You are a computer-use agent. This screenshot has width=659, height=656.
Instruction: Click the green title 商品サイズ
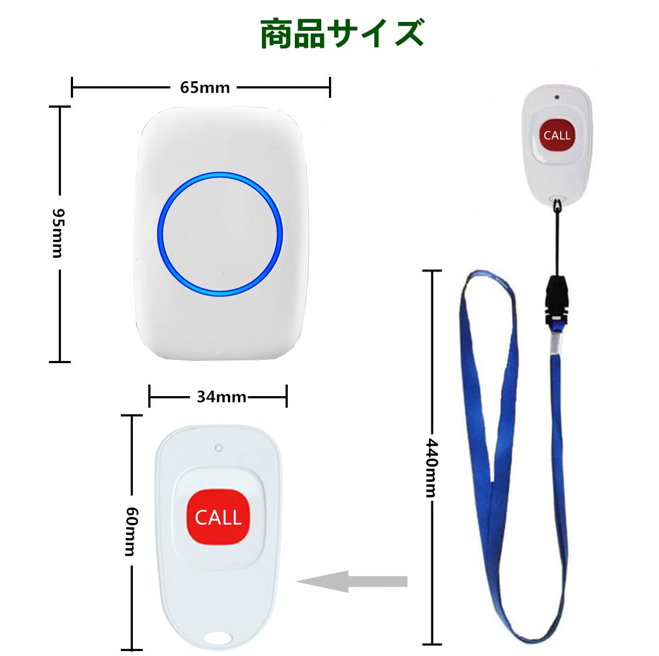coord(342,34)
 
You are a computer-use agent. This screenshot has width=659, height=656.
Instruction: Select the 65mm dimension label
coord(205,87)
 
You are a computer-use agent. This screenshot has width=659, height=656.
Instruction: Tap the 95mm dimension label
coord(57,233)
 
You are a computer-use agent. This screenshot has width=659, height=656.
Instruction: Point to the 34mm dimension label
coord(221,397)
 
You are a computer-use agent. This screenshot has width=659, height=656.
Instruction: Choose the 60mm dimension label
coord(131,531)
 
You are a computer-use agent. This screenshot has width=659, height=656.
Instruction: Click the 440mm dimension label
coord(433,468)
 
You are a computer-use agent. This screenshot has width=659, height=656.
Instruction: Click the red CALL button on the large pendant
coord(219,517)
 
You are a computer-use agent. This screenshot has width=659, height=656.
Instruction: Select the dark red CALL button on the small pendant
coord(556,135)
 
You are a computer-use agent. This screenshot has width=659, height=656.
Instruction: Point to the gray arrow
coord(352,581)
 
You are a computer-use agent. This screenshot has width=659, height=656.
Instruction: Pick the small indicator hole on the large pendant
coord(219,448)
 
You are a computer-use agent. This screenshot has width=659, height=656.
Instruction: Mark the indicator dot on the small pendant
coord(557,97)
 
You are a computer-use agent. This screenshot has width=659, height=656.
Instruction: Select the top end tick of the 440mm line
coord(432,271)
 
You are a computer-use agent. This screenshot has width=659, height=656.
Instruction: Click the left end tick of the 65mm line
coord(72,87)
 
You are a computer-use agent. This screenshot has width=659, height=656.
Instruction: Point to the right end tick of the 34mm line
coord(286,396)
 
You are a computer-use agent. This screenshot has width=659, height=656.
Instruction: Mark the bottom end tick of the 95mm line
coord(59,362)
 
